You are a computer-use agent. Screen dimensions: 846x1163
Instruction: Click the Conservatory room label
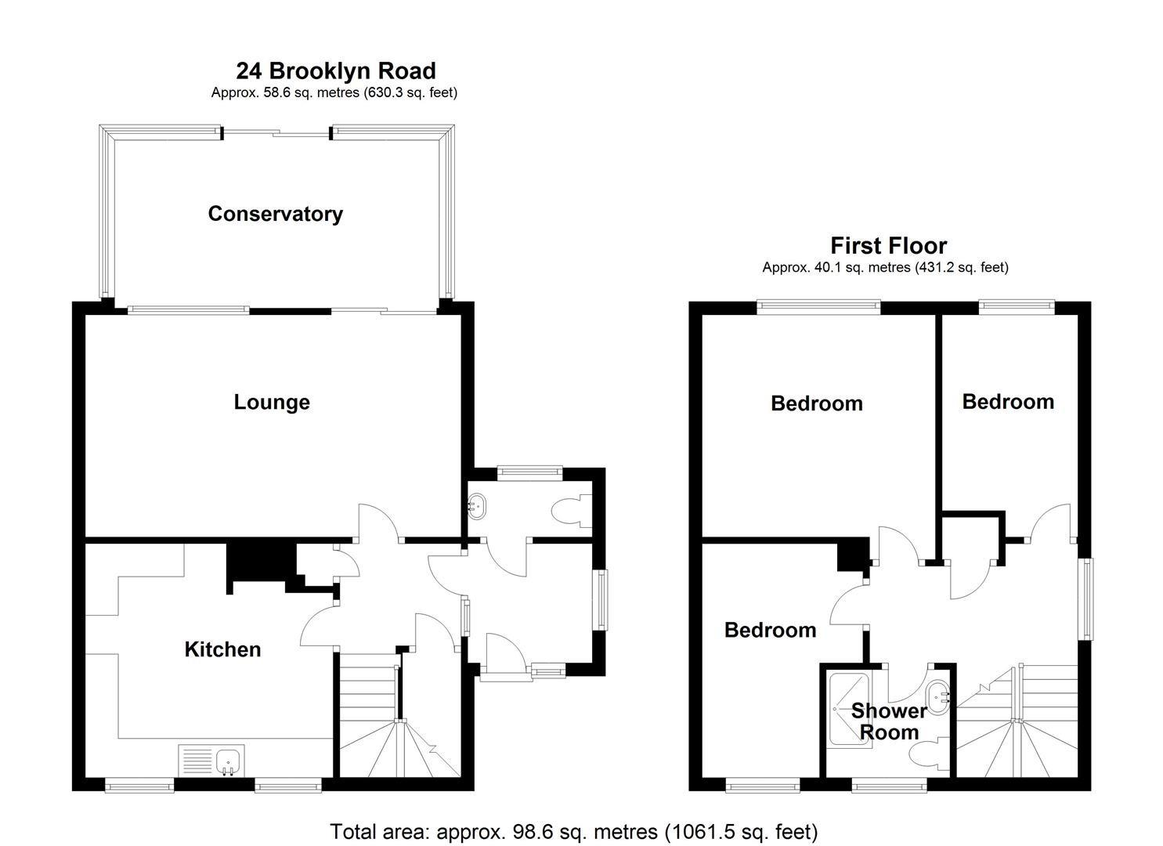click(275, 214)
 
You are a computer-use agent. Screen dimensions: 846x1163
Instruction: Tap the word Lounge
click(272, 402)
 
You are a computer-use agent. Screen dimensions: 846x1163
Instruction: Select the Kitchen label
click(222, 649)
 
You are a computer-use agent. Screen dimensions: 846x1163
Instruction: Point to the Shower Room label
click(889, 721)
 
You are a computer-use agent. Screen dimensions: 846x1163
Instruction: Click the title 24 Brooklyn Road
click(335, 70)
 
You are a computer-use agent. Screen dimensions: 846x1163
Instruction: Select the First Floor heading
click(888, 246)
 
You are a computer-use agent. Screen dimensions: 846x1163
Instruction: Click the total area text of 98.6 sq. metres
click(573, 831)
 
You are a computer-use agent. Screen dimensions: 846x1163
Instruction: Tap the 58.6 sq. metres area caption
click(334, 92)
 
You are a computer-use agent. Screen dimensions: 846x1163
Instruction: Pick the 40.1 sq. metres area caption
click(885, 267)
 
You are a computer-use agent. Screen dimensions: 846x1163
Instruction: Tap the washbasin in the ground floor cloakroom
click(476, 507)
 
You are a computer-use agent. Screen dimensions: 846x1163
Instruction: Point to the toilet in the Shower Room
click(929, 754)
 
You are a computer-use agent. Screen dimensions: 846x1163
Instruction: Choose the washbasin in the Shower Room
click(937, 695)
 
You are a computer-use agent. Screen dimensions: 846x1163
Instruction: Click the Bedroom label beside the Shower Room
click(770, 630)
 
